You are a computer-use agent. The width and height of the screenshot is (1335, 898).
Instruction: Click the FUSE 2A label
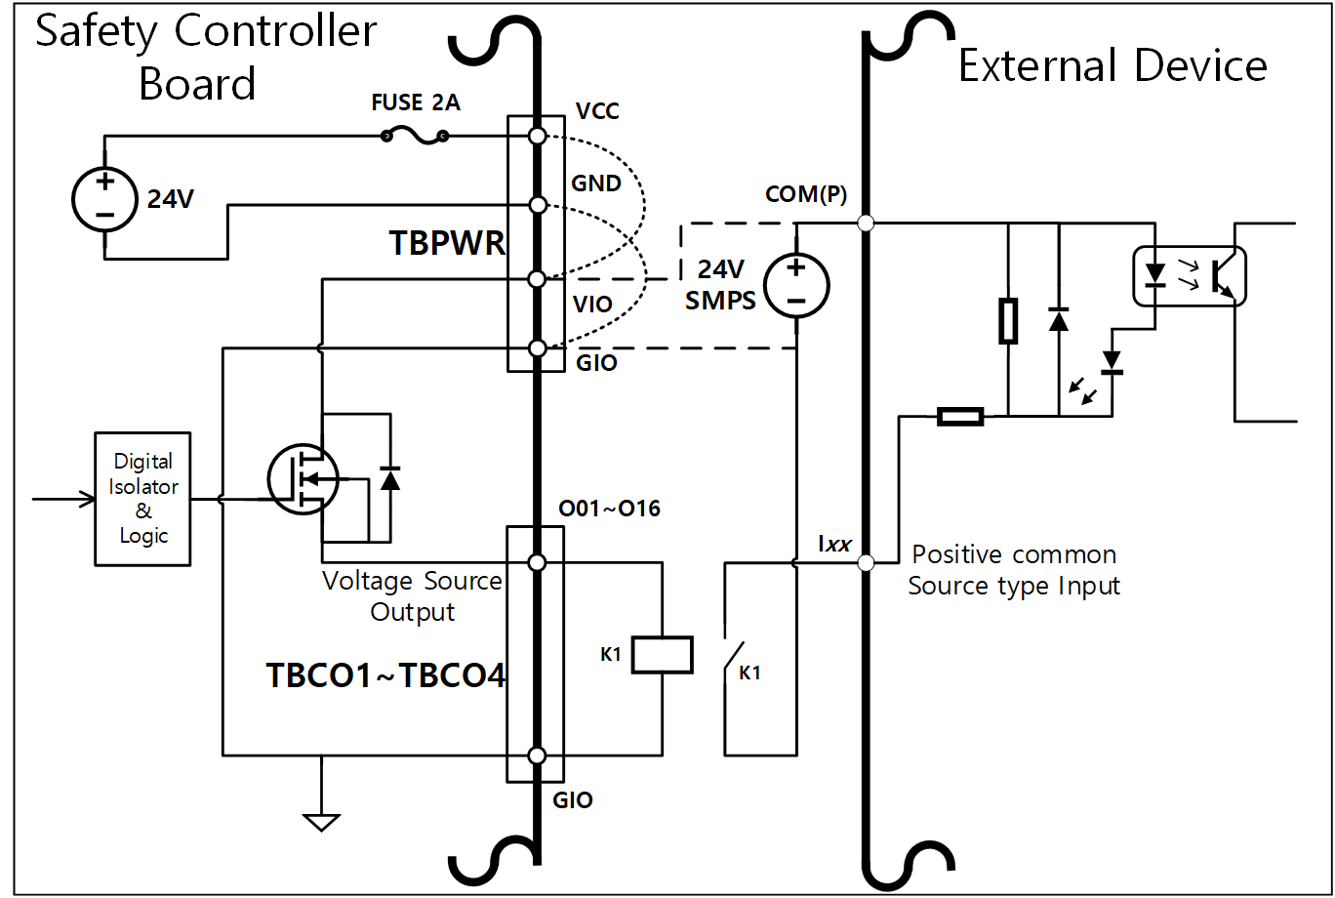[x=416, y=102]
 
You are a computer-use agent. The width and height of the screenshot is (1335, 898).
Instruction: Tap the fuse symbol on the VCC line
[x=416, y=138]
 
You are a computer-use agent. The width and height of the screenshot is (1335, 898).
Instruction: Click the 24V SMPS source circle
[x=795, y=284]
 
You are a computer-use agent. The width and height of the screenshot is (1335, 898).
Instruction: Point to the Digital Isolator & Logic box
[x=143, y=499]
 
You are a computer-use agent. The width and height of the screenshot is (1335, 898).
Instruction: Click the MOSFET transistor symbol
[x=303, y=478]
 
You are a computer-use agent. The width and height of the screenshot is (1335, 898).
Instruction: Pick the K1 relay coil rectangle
[x=663, y=654]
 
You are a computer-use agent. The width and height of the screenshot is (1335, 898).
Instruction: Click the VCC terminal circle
[x=537, y=136]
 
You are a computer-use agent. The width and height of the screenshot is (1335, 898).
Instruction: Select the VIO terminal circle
[x=537, y=280]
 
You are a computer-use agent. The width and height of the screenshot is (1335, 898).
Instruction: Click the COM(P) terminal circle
[x=864, y=224]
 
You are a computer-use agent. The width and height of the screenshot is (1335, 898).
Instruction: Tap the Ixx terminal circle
[x=864, y=562]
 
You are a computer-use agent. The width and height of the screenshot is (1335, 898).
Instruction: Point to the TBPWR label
[x=448, y=243]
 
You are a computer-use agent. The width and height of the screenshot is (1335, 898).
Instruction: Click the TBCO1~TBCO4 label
[x=386, y=675]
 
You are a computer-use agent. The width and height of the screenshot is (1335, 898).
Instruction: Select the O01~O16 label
[x=609, y=509]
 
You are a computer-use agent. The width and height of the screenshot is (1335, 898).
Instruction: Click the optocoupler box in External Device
[x=1188, y=277]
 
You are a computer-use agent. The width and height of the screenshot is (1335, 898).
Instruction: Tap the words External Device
[x=1112, y=65]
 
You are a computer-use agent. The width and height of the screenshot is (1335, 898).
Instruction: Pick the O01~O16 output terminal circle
[x=537, y=562]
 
